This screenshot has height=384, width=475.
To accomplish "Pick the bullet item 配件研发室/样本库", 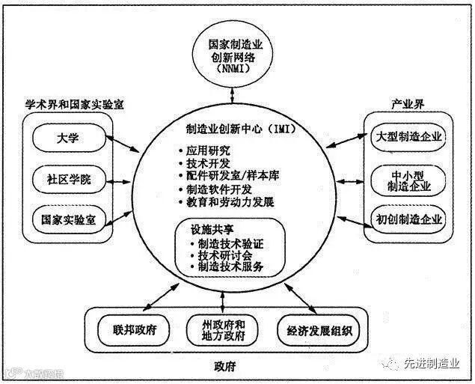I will tap(228, 174).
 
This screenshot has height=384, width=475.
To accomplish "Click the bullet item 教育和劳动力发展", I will tap(228, 202).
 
